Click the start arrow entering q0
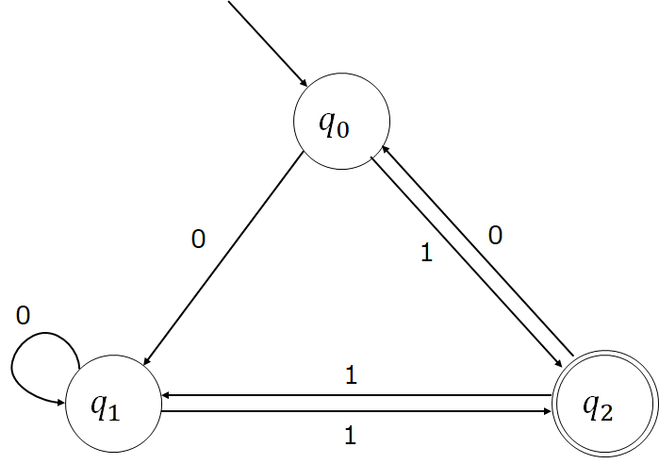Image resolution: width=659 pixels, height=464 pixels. tap(268, 42)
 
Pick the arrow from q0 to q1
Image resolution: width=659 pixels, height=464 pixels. tap(223, 258)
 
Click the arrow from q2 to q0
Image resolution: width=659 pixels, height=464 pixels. tap(477, 251)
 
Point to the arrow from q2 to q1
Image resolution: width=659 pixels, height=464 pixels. tap(356, 395)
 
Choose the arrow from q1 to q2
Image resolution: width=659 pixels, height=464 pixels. tap(356, 411)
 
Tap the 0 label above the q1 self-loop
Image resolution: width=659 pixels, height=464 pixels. tap(24, 315)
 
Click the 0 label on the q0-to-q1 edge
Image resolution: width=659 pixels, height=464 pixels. tap(198, 240)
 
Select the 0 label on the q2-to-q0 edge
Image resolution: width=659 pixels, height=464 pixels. tap(496, 235)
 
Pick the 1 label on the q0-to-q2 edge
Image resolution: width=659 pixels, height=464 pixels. tap(426, 253)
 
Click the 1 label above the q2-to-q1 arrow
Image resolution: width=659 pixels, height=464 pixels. tap(352, 375)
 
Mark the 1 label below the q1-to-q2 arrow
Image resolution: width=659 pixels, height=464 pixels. tap(351, 436)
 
